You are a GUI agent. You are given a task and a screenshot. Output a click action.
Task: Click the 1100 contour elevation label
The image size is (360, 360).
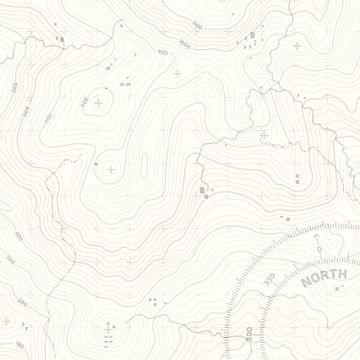196,26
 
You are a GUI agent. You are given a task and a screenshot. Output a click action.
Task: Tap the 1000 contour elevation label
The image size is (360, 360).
184,45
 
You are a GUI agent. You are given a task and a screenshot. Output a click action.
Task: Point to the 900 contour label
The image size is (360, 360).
163,53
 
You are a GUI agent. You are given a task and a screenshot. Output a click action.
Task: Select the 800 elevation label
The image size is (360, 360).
83,101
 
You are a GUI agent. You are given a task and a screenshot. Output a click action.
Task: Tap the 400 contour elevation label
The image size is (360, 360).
18,236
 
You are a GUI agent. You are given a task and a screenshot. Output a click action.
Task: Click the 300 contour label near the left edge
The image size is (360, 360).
11,259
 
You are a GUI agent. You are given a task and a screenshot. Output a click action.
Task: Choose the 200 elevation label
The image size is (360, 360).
22,304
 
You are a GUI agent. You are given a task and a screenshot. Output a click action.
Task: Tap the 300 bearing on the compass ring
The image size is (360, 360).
248,335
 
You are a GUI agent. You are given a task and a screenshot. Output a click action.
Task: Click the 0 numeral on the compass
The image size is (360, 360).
318,249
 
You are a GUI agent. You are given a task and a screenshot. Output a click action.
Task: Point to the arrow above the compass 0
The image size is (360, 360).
317,237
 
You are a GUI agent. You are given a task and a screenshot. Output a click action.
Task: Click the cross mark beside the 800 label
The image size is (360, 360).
99,103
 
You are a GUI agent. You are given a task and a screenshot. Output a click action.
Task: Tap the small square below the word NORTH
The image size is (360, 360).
336,288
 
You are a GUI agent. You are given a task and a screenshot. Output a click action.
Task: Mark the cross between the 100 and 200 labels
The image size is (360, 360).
7,322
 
